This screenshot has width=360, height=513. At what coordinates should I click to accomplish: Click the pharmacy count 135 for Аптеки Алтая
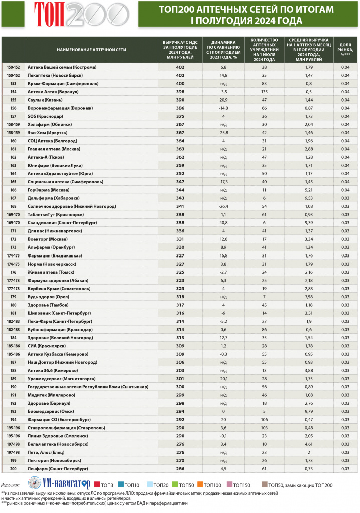264,92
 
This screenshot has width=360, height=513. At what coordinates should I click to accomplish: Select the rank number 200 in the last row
13,468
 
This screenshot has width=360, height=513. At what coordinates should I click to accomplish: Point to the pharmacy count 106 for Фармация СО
264,419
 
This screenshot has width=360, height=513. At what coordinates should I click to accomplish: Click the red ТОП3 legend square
96,484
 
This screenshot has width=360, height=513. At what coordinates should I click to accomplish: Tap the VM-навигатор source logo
59,484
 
